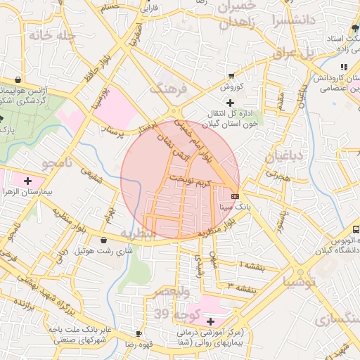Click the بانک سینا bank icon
[234, 195]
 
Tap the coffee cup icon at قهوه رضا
[139, 333]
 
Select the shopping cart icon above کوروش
[232, 76]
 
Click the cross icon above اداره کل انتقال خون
[231, 103]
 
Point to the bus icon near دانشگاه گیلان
[356, 229]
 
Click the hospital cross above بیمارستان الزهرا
[27, 180]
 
